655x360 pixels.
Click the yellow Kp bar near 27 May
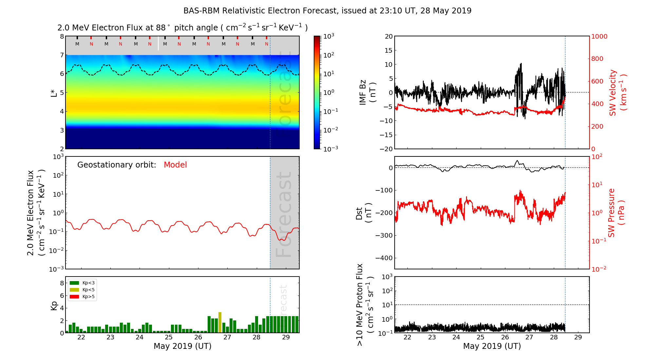point(220,323)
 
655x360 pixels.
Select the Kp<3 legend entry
point(82,283)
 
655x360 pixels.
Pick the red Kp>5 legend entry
point(82,297)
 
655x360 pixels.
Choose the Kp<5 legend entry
point(82,290)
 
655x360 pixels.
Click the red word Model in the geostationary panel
point(175,165)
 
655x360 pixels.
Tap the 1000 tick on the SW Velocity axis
point(599,36)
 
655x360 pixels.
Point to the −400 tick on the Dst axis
point(384,258)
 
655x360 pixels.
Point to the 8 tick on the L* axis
point(62,36)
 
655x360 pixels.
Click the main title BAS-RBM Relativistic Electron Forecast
point(327,11)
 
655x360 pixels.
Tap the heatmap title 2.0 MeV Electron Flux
point(182,28)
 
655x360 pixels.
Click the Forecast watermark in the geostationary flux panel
point(284,214)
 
